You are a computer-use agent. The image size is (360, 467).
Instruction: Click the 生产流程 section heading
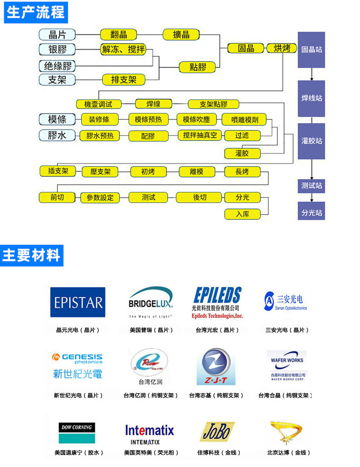(x=36, y=12)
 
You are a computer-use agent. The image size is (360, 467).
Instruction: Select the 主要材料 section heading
(x=31, y=255)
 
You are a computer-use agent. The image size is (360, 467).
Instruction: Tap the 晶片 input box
(x=57, y=35)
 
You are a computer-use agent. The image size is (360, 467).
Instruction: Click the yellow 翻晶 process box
(x=118, y=35)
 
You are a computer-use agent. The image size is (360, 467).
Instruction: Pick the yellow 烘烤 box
(x=282, y=48)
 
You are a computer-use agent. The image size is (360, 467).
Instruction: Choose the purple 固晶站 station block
(x=311, y=50)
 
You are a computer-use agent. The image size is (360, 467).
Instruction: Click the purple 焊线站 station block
(x=311, y=98)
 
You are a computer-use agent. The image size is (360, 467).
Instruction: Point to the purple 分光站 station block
(x=311, y=213)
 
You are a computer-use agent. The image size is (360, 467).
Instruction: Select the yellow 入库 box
(x=242, y=214)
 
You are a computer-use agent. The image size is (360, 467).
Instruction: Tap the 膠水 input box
(x=57, y=135)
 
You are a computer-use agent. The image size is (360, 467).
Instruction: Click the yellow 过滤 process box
(x=242, y=135)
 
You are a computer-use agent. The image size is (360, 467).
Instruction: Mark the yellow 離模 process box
(x=196, y=172)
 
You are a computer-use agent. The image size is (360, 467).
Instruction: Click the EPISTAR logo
(x=77, y=302)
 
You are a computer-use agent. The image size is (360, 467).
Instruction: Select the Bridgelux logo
(x=150, y=302)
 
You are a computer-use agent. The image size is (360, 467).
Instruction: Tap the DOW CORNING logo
(x=77, y=432)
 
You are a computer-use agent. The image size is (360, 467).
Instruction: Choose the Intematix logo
(x=149, y=432)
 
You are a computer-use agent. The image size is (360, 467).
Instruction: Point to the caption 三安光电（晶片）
(x=287, y=330)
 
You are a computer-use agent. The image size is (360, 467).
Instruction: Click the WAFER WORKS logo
(x=287, y=365)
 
